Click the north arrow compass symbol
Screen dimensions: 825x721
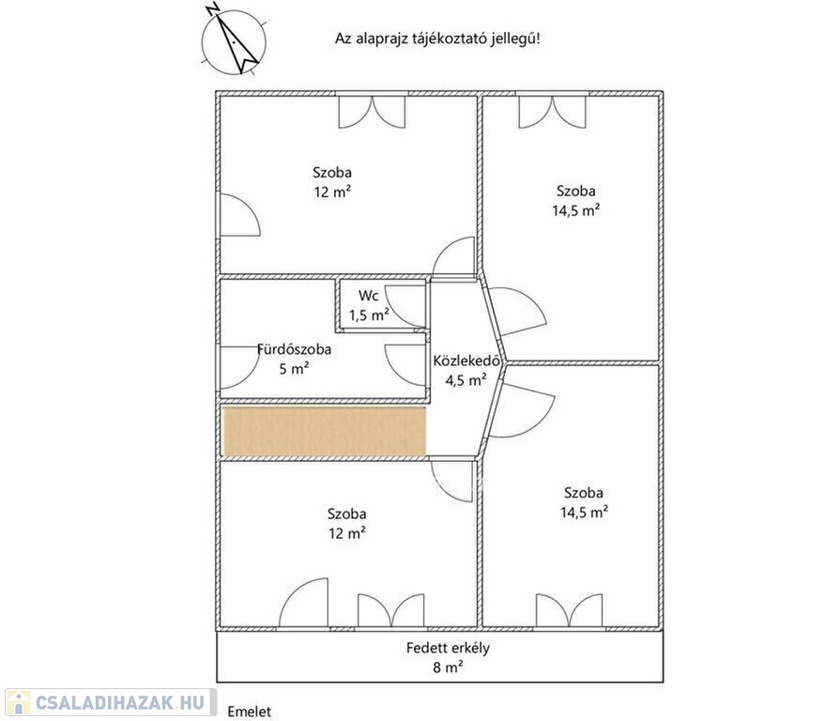click(x=234, y=39)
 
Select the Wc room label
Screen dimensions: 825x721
click(x=368, y=295)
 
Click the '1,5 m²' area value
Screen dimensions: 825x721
click(x=370, y=315)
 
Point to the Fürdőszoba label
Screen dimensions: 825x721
click(x=294, y=349)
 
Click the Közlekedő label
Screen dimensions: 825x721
click(x=466, y=360)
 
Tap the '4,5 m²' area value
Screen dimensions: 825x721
click(x=466, y=380)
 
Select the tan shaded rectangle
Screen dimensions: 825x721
click(x=324, y=431)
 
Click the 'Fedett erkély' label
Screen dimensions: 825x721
click(x=448, y=648)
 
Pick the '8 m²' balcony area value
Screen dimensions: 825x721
click(x=448, y=667)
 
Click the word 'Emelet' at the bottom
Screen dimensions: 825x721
click(x=250, y=712)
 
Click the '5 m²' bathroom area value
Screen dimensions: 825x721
click(x=294, y=368)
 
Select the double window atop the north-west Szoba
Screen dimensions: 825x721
click(x=372, y=111)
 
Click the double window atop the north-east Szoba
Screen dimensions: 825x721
click(x=552, y=111)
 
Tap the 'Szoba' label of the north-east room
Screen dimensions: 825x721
click(x=576, y=191)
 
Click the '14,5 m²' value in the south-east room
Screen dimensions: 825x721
click(x=584, y=512)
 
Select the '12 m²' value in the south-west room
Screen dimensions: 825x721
click(x=347, y=533)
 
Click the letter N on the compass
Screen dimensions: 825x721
click(x=213, y=9)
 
